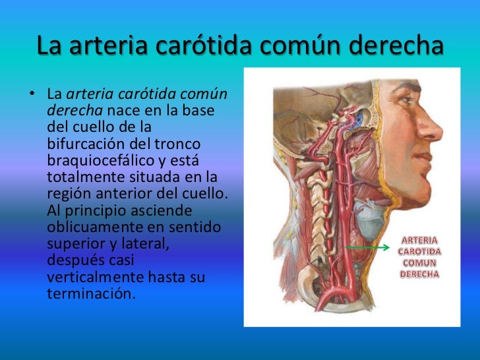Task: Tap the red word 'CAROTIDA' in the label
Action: (419, 251)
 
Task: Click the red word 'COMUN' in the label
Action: (419, 262)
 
